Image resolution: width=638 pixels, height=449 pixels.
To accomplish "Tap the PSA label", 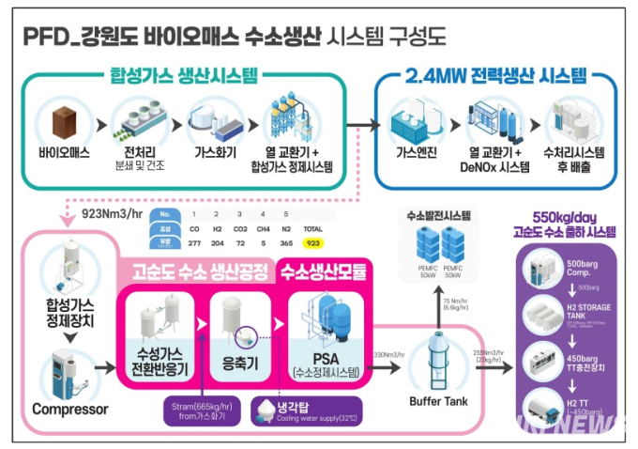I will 327,359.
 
